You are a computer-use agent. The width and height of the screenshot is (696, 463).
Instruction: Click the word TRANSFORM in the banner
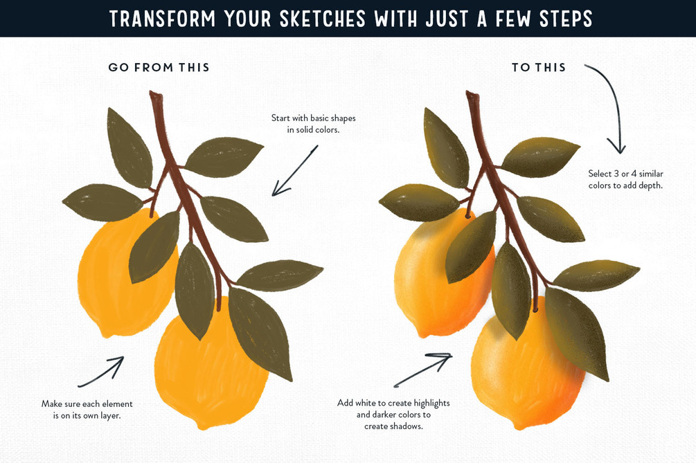click(x=162, y=19)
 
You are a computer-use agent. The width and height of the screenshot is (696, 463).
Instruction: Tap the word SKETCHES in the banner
click(x=323, y=19)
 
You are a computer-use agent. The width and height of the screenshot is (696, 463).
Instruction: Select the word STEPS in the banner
click(x=566, y=19)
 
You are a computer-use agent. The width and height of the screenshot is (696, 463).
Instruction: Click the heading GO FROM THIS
click(x=159, y=67)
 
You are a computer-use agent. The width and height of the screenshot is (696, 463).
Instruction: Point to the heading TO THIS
click(x=539, y=67)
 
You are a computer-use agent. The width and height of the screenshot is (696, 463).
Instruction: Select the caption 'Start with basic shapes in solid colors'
click(x=314, y=124)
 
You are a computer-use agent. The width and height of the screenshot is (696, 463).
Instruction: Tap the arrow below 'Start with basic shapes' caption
click(x=295, y=171)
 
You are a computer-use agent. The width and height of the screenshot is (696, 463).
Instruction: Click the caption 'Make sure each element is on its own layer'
click(x=87, y=410)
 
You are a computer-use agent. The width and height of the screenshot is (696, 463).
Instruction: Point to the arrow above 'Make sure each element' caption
click(x=101, y=372)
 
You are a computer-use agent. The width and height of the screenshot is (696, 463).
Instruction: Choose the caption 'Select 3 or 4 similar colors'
click(x=625, y=179)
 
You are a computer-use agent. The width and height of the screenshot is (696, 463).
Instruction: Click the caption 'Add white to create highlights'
click(x=393, y=415)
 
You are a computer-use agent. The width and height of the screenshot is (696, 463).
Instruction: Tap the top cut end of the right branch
click(x=472, y=93)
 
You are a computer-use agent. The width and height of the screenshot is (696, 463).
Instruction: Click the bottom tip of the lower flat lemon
click(x=203, y=426)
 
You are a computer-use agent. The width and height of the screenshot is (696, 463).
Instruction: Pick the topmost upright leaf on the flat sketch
click(x=130, y=147)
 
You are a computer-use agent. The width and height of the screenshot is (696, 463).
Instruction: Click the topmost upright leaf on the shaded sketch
click(x=446, y=147)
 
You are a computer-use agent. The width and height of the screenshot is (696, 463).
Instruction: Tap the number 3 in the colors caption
click(x=616, y=174)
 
